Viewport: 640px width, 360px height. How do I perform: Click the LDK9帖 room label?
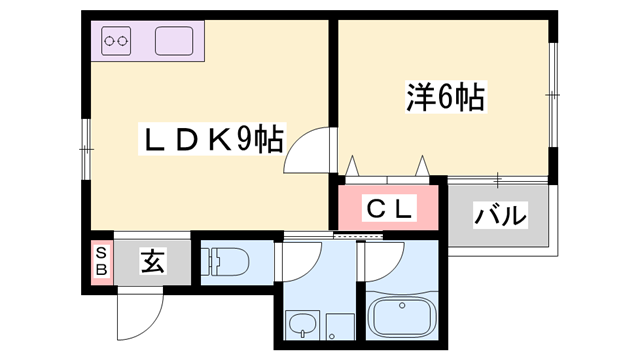tap(209, 139)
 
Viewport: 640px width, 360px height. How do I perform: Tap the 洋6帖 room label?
tap(445, 96)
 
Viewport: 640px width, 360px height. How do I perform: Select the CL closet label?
tap(387, 209)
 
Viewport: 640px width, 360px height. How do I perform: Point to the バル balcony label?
tap(499, 214)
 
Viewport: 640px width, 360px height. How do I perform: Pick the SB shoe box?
tap(100, 264)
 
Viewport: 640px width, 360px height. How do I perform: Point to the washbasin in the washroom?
tap(299, 325)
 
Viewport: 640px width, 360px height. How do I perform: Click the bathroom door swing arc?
tap(379, 262)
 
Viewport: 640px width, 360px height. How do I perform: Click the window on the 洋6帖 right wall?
tap(553, 93)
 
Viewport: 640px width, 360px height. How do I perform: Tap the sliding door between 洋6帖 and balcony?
tap(497, 179)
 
